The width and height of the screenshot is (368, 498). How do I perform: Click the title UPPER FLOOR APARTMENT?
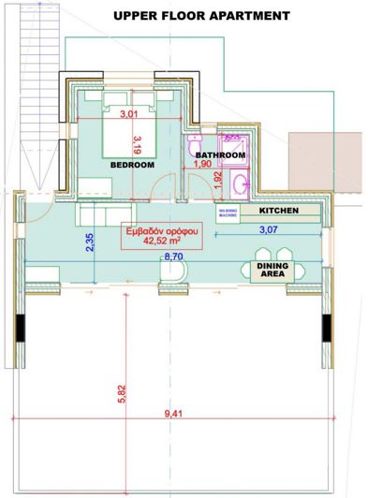(201, 16)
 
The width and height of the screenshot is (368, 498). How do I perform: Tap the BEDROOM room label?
(132, 164)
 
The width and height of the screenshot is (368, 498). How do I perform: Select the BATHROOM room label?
(220, 155)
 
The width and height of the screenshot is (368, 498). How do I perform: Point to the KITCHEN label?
(280, 212)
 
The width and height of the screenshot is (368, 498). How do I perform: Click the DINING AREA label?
(272, 271)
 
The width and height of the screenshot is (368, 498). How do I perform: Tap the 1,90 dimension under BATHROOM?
(201, 165)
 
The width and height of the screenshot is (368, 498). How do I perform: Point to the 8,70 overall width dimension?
(173, 255)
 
